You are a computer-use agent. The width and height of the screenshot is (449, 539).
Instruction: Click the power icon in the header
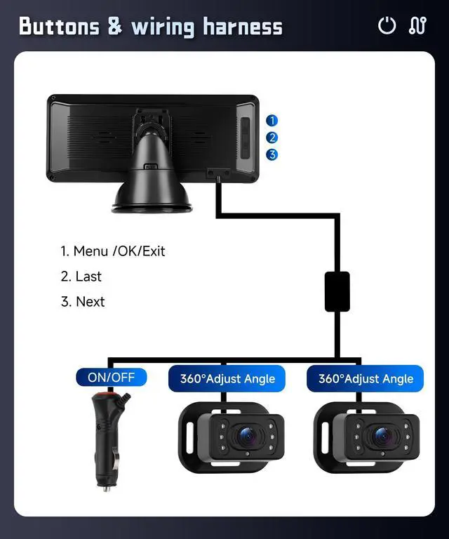pyautogui.click(x=387, y=26)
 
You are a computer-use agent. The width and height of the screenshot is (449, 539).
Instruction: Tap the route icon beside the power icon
pyautogui.click(x=417, y=26)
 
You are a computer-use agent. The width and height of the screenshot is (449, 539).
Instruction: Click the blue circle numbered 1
pyautogui.click(x=272, y=121)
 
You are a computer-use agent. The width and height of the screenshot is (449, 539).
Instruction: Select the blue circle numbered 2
pyautogui.click(x=272, y=138)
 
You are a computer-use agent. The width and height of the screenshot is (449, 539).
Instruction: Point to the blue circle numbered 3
pyautogui.click(x=272, y=154)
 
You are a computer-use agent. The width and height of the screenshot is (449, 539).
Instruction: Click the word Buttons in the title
pyautogui.click(x=60, y=27)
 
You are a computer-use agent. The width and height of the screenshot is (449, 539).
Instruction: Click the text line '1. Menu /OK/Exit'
pyautogui.click(x=112, y=251)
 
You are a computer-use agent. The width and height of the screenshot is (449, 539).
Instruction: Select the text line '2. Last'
pyautogui.click(x=81, y=276)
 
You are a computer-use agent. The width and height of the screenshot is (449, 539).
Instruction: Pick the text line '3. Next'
pyautogui.click(x=82, y=302)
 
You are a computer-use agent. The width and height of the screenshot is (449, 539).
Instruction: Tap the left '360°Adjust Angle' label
pyautogui.click(x=227, y=379)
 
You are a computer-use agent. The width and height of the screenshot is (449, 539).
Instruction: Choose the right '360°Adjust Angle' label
pyautogui.click(x=366, y=379)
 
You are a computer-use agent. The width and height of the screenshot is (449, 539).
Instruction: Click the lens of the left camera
pyautogui.click(x=246, y=436)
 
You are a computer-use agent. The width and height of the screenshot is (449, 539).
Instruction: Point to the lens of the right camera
pyautogui.click(x=382, y=436)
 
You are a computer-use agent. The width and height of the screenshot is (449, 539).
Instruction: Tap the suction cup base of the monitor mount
pyautogui.click(x=151, y=200)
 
